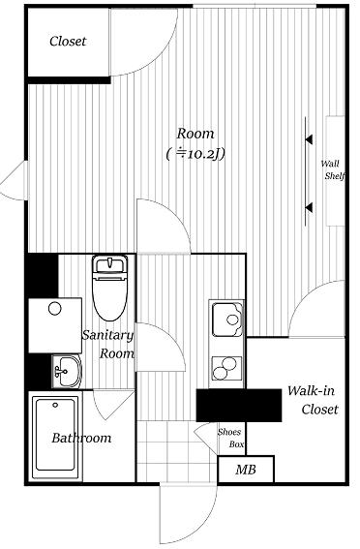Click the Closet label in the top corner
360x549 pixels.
click(x=68, y=42)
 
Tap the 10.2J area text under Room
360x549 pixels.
click(x=195, y=154)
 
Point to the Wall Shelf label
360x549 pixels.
click(x=334, y=169)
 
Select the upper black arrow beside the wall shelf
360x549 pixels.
click(x=309, y=139)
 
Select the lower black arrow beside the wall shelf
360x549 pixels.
click(x=309, y=207)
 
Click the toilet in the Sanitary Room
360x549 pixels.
click(x=110, y=288)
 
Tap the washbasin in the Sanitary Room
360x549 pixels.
click(x=67, y=372)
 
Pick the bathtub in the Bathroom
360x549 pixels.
click(x=55, y=438)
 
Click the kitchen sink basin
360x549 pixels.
click(x=227, y=320)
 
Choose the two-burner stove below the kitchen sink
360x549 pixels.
click(x=226, y=368)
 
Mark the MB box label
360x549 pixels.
click(x=246, y=470)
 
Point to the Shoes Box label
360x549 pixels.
click(x=230, y=438)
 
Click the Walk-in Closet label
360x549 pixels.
click(x=313, y=400)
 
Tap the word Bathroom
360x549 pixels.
click(x=81, y=438)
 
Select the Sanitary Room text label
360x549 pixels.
click(x=108, y=344)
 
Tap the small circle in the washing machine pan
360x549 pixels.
click(x=55, y=309)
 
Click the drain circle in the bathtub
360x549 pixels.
click(x=55, y=405)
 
